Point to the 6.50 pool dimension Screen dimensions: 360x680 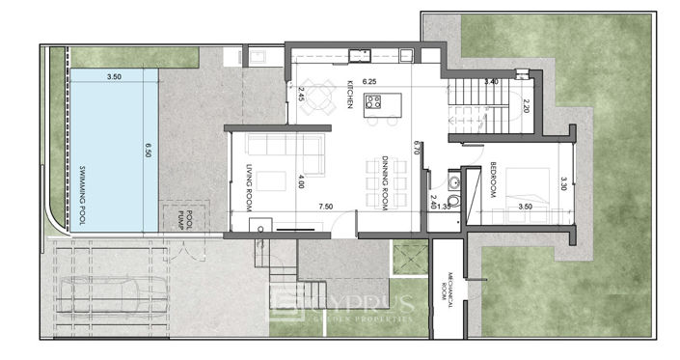click(149, 150)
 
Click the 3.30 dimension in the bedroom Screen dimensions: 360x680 click(564, 183)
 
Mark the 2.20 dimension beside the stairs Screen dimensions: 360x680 click(526, 107)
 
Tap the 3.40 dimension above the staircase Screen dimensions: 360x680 click(491, 82)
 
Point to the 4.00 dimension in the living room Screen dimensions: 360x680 click(302, 180)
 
